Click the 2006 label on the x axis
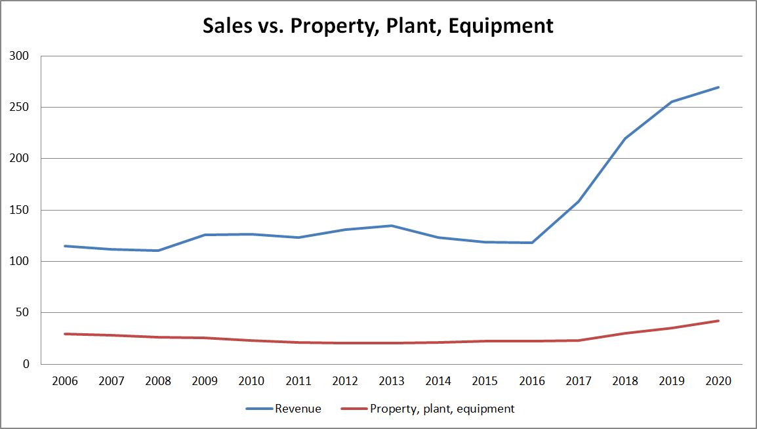point(64,381)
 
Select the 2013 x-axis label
point(392,381)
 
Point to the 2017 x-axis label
point(579,381)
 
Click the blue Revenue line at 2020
point(719,87)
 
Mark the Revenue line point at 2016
point(532,243)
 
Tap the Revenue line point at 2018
point(625,138)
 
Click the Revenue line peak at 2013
point(392,226)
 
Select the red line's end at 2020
point(719,321)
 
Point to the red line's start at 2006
point(64,334)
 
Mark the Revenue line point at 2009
point(205,235)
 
